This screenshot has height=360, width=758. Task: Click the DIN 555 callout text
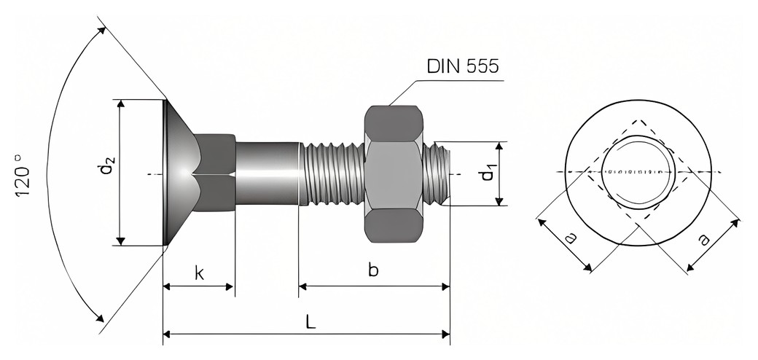tap(462, 66)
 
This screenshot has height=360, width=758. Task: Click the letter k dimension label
tap(199, 273)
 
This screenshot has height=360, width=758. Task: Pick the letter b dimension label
tap(373, 270)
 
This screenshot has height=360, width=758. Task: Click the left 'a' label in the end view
tap(571, 238)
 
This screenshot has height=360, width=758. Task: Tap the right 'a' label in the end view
tap(704, 239)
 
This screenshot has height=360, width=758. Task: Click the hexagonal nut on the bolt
tap(394, 174)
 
